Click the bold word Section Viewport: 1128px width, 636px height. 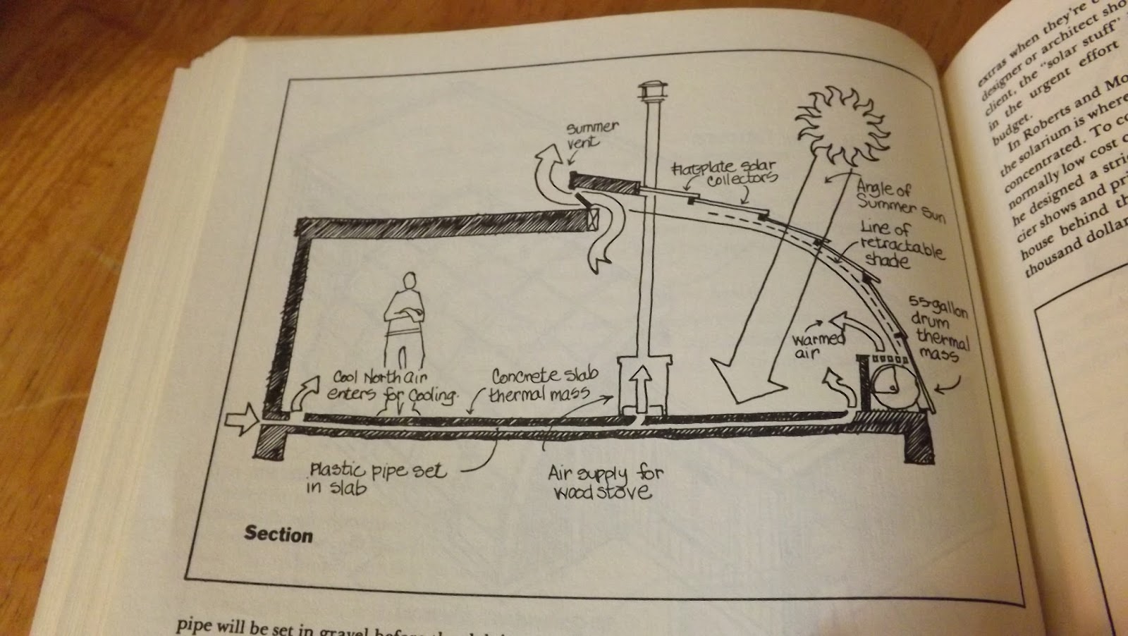point(278,534)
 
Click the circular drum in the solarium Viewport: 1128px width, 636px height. point(891,385)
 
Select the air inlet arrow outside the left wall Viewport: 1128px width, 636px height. point(241,421)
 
